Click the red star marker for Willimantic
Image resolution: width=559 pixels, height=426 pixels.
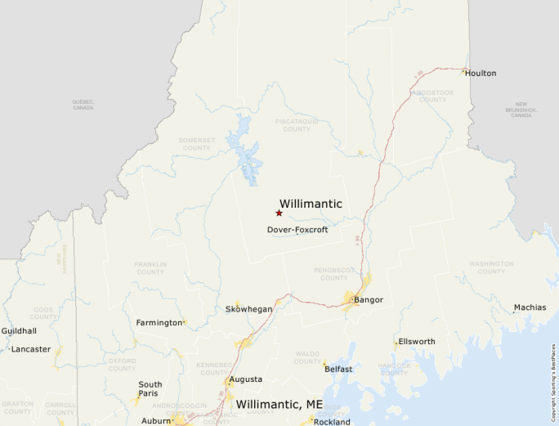click(279, 213)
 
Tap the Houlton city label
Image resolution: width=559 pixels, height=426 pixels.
click(481, 74)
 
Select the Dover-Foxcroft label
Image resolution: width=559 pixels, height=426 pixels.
click(297, 230)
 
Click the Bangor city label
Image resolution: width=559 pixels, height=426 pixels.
click(369, 300)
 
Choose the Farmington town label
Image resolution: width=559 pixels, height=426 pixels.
click(159, 323)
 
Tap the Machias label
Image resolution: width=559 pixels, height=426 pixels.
click(530, 307)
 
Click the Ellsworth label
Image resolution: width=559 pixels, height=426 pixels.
click(417, 342)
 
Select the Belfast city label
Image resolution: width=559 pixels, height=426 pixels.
click(338, 370)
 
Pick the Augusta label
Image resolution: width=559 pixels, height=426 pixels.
click(246, 379)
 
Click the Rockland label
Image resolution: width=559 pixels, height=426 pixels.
click(332, 422)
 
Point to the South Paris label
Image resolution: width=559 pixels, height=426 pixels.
click(150, 389)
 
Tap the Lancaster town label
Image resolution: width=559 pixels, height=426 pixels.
click(31, 349)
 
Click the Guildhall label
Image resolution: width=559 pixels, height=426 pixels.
click(19, 331)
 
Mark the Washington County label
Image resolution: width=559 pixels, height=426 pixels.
click(491, 267)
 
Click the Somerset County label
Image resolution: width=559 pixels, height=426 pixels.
click(196, 144)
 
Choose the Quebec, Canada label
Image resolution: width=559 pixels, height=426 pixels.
click(83, 105)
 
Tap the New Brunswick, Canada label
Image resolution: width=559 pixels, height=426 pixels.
click(521, 110)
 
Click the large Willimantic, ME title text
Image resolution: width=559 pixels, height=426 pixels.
click(279, 405)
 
